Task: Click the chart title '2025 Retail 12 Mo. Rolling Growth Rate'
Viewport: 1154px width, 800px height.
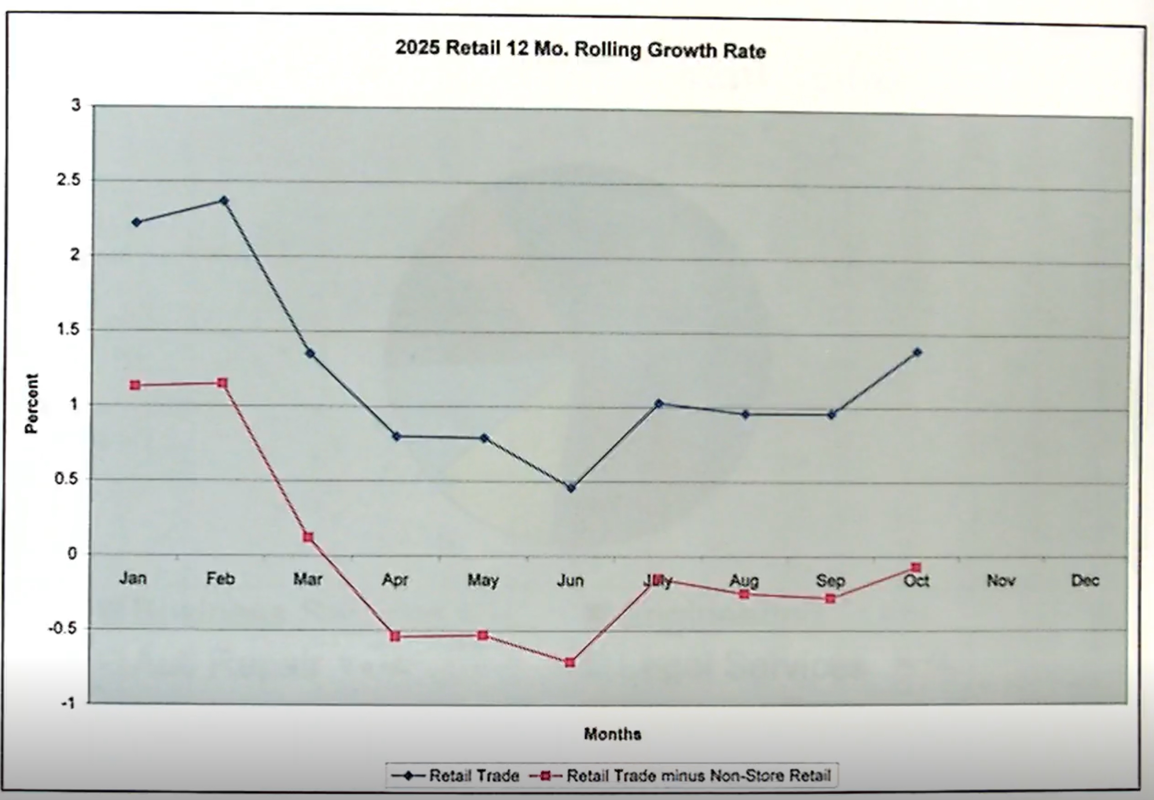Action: [x=580, y=49]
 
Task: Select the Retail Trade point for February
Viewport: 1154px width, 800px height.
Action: [x=224, y=201]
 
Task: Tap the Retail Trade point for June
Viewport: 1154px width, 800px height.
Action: [x=571, y=487]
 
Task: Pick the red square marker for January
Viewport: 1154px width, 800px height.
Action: [x=135, y=385]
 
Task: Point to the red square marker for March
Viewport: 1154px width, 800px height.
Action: [x=308, y=537]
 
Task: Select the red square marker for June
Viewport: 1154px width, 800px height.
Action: [x=570, y=662]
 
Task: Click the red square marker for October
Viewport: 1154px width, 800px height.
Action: [x=916, y=567]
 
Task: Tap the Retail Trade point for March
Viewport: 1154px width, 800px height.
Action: [x=310, y=353]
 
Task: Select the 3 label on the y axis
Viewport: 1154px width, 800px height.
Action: [x=76, y=105]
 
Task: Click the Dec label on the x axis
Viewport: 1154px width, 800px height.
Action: [x=1085, y=580]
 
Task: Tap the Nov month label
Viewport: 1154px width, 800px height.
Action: [x=1000, y=580]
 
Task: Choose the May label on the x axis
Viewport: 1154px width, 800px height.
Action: [x=483, y=580]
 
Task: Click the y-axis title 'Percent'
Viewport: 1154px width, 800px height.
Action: [x=32, y=403]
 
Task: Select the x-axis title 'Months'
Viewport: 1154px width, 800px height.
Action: [x=612, y=734]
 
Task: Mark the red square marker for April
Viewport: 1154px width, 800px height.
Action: [x=395, y=636]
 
